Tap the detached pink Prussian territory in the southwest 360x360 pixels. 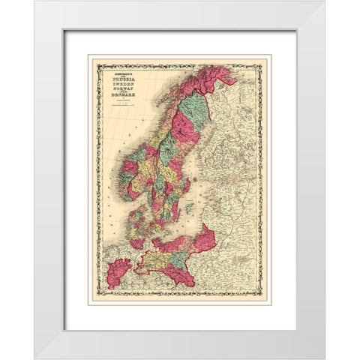pyautogui.click(x=118, y=270)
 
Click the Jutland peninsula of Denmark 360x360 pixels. pyautogui.click(x=136, y=218)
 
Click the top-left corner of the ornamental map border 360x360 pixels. pyautogui.click(x=91, y=57)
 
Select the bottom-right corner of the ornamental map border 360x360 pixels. pyautogui.click(x=268, y=302)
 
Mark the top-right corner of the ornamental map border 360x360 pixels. pyautogui.click(x=268, y=57)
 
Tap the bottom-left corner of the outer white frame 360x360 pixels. pyautogui.click(x=34, y=358)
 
